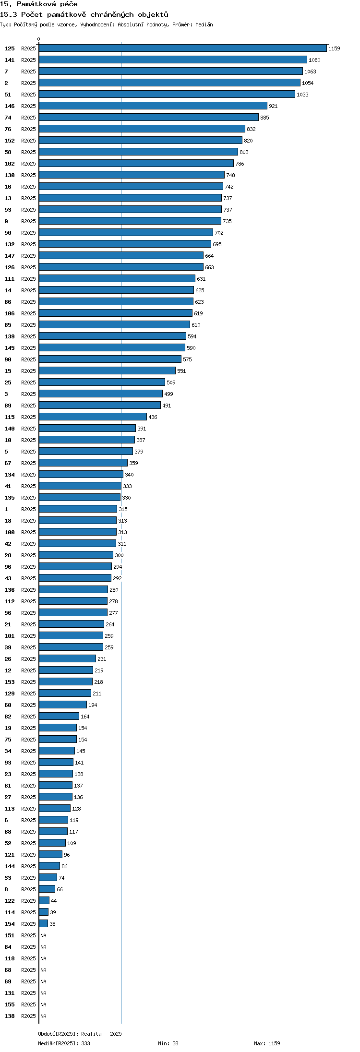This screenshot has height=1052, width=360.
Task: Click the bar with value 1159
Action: click(x=183, y=48)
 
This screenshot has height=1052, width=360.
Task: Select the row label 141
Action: click(x=10, y=60)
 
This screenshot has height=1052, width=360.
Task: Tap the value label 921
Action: click(x=273, y=106)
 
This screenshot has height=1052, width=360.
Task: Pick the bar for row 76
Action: click(x=142, y=129)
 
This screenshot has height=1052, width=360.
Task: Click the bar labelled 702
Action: click(x=126, y=232)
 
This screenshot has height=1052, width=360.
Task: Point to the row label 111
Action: click(x=10, y=279)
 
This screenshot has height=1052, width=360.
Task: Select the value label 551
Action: click(x=181, y=371)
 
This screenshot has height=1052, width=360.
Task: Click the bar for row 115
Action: click(x=93, y=417)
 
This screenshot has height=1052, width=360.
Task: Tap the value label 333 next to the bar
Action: click(x=127, y=486)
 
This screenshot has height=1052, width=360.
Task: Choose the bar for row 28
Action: click(x=76, y=555)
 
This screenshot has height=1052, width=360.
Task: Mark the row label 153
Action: click(x=10, y=682)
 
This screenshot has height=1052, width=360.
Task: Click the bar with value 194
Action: click(x=63, y=705)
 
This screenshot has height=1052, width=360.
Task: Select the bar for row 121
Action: click(x=51, y=854)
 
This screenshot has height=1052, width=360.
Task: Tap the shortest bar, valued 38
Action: click(x=44, y=923)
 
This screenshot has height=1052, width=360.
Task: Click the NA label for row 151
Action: click(x=44, y=935)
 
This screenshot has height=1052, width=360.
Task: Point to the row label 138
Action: click(x=10, y=1016)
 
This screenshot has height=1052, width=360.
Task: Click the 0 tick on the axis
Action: click(x=39, y=39)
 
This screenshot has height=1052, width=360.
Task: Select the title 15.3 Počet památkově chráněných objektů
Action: click(x=84, y=14)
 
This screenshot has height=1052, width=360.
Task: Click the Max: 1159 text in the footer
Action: click(x=267, y=1043)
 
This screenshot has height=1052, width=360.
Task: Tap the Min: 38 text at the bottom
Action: click(x=168, y=1043)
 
